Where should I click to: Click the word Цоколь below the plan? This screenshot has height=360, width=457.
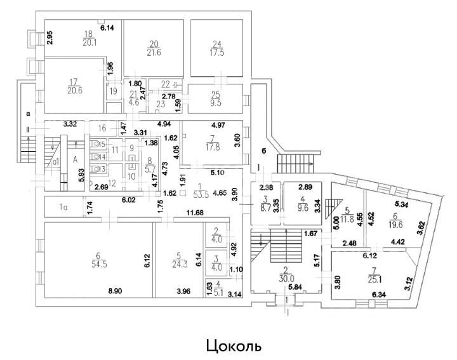pyautogui.click(x=233, y=347)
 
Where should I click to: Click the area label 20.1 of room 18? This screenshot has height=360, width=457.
pyautogui.click(x=89, y=43)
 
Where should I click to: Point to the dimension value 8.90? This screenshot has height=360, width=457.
pyautogui.click(x=116, y=290)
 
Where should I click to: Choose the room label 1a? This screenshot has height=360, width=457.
pyautogui.click(x=63, y=207)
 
